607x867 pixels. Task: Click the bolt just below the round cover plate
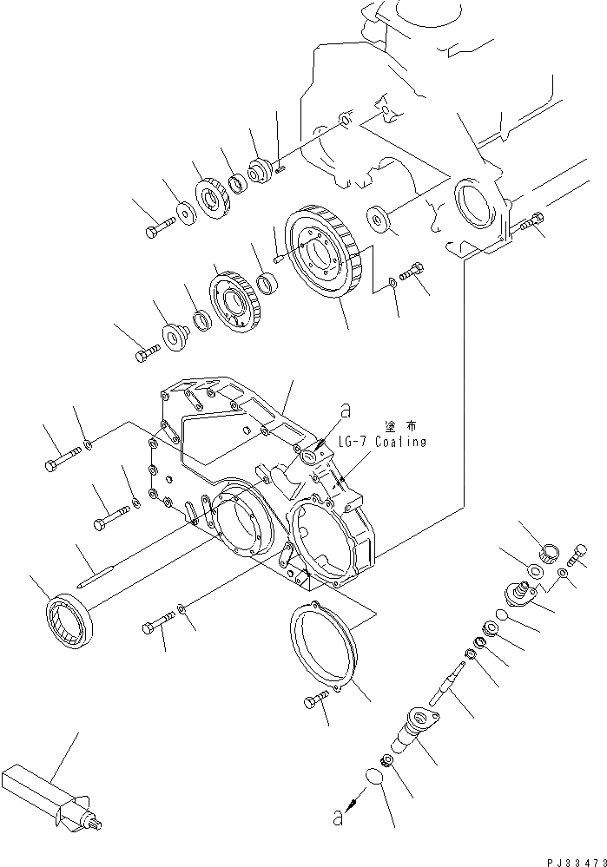316,700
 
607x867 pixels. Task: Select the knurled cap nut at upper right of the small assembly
550,552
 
